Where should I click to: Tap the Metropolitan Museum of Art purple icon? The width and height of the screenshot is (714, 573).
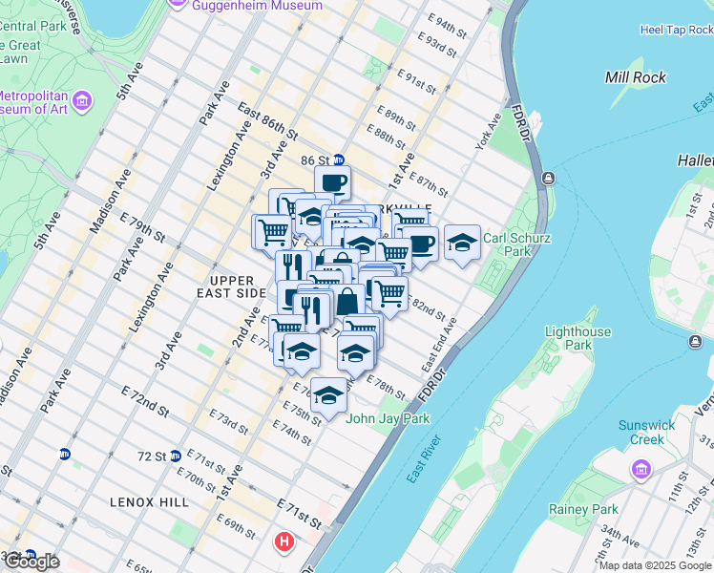[82, 100]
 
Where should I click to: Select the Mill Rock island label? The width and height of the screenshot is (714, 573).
[636, 76]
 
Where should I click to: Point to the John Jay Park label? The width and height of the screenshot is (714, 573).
[388, 418]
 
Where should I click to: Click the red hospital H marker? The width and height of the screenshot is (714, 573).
[283, 542]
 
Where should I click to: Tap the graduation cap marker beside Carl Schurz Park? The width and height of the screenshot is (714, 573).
[462, 242]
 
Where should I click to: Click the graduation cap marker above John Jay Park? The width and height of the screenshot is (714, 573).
[328, 395]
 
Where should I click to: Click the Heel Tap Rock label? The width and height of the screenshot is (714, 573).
[677, 30]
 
